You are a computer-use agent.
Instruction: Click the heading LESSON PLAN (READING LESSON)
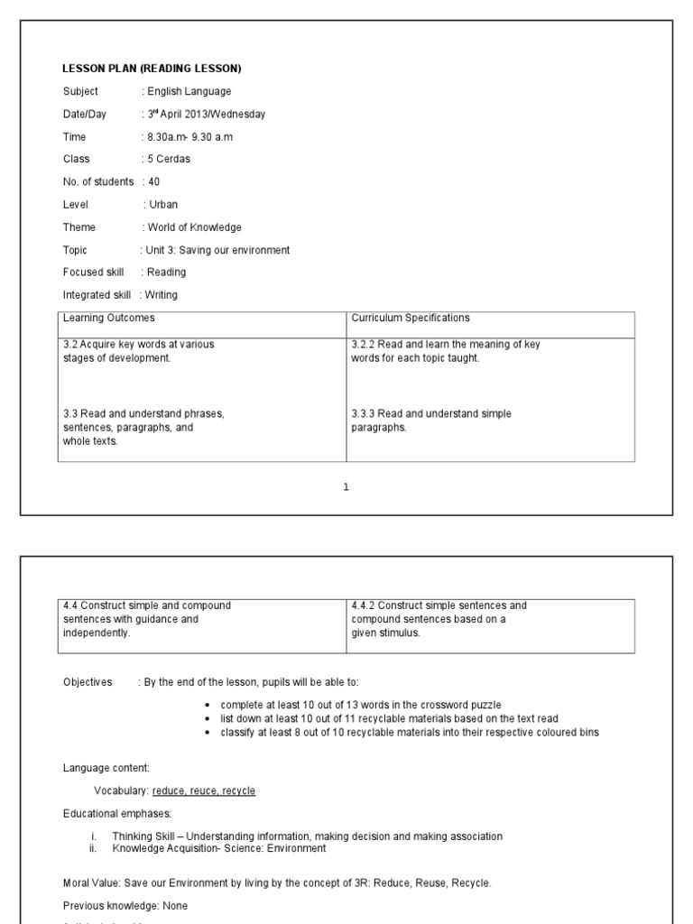coord(152,69)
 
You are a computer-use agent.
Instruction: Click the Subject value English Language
coord(189,91)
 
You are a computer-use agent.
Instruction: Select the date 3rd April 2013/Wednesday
coord(207,115)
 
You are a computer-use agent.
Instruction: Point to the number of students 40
coord(153,181)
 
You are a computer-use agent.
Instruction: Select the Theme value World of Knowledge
coord(194,227)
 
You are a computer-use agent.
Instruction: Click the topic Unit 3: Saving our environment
coord(217,250)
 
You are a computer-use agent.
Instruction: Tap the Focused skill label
coord(93,272)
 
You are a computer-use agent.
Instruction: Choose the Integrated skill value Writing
coord(162,295)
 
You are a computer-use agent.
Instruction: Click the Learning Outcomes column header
coord(108,318)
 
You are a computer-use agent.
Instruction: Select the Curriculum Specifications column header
coord(411,318)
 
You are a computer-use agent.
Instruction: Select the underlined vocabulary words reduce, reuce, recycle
coord(204,790)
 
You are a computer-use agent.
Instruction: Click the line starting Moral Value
coord(277,882)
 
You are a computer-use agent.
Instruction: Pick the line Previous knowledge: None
coord(125,905)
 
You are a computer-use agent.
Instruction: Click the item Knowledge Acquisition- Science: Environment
coord(218,848)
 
